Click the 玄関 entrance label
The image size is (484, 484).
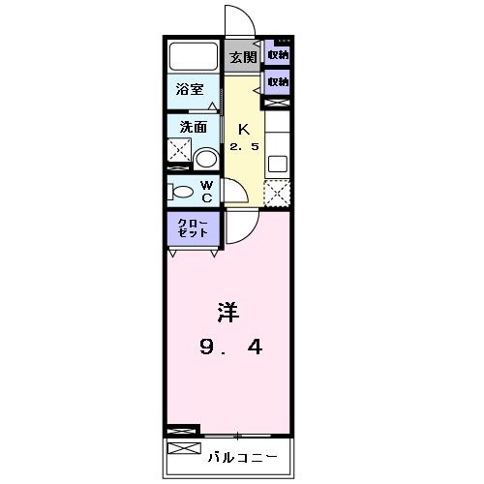click(x=242, y=57)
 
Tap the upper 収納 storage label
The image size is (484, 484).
click(x=278, y=55)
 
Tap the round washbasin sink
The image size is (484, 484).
click(x=206, y=159)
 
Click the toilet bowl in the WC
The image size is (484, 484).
click(x=182, y=192)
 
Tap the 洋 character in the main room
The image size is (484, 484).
click(x=228, y=313)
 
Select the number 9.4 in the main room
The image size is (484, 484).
click(x=232, y=345)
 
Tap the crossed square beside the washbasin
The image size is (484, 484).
click(x=179, y=151)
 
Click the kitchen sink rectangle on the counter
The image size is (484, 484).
click(x=277, y=164)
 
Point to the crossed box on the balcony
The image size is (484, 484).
click(x=182, y=449)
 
